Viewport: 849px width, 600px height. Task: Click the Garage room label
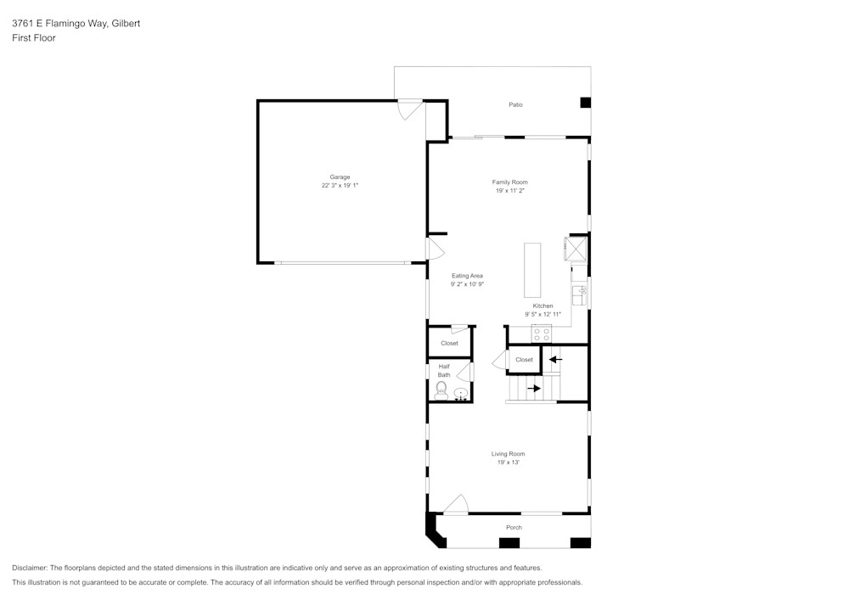coord(340,177)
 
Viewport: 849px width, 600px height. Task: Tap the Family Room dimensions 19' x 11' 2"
coord(510,190)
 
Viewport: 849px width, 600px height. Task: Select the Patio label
coord(515,104)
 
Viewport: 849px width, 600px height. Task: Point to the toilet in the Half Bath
coord(441,390)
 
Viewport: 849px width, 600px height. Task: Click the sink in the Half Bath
coord(461,394)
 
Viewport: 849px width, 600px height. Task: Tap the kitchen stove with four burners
coord(542,334)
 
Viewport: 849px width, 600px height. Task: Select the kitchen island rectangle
coord(532,270)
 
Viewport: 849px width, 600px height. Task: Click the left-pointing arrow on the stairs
coord(555,359)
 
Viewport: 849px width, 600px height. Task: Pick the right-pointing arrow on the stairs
coord(534,389)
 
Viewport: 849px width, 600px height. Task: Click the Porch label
coord(514,528)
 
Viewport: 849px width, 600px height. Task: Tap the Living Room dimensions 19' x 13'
coord(509,462)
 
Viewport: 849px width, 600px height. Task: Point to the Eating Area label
coord(467,276)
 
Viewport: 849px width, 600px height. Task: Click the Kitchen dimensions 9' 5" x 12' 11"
coord(543,314)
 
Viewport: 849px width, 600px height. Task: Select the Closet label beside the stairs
coord(524,360)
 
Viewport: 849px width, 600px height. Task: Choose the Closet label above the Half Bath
coord(449,343)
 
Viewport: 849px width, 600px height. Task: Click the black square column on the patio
coord(585,102)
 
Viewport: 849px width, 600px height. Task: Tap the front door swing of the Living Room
coord(456,504)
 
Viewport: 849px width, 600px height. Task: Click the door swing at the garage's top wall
coord(410,109)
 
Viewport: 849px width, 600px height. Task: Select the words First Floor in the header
coord(34,38)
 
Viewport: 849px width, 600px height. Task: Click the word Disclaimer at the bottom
coord(29,568)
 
